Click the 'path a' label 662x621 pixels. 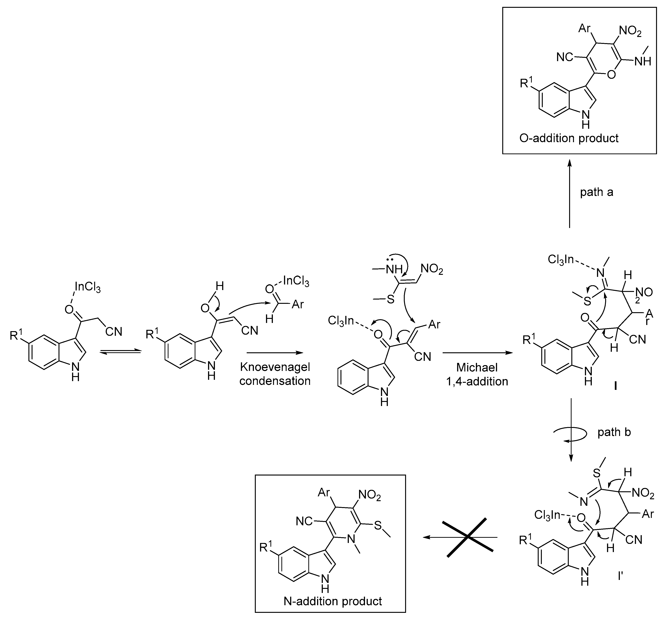596,192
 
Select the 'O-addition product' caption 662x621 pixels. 569,138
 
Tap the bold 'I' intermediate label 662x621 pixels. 615,386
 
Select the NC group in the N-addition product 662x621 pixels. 304,521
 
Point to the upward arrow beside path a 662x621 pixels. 569,193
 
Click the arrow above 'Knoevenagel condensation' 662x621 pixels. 275,352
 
